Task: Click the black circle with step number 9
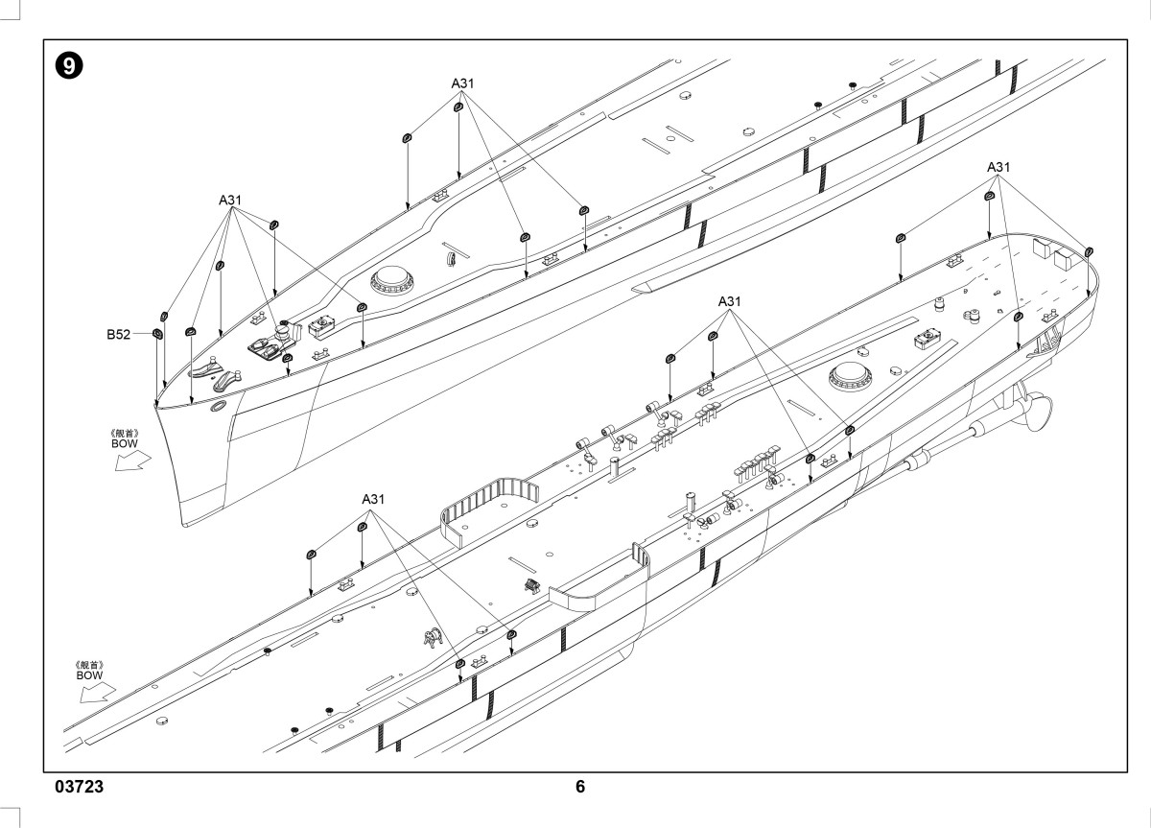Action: (x=69, y=66)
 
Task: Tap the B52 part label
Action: (x=118, y=334)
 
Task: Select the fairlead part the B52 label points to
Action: (x=157, y=334)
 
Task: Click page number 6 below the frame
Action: (x=580, y=786)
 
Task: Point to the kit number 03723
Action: (x=79, y=786)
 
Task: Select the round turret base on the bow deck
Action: (x=391, y=280)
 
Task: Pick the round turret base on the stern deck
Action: (x=851, y=376)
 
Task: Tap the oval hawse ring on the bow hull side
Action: (x=218, y=407)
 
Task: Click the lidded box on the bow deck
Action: (x=321, y=326)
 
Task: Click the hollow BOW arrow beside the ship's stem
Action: (x=132, y=461)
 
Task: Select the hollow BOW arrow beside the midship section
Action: (x=98, y=692)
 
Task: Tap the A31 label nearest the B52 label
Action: (x=229, y=200)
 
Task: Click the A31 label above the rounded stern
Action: (x=998, y=167)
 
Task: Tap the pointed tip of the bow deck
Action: (x=155, y=405)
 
